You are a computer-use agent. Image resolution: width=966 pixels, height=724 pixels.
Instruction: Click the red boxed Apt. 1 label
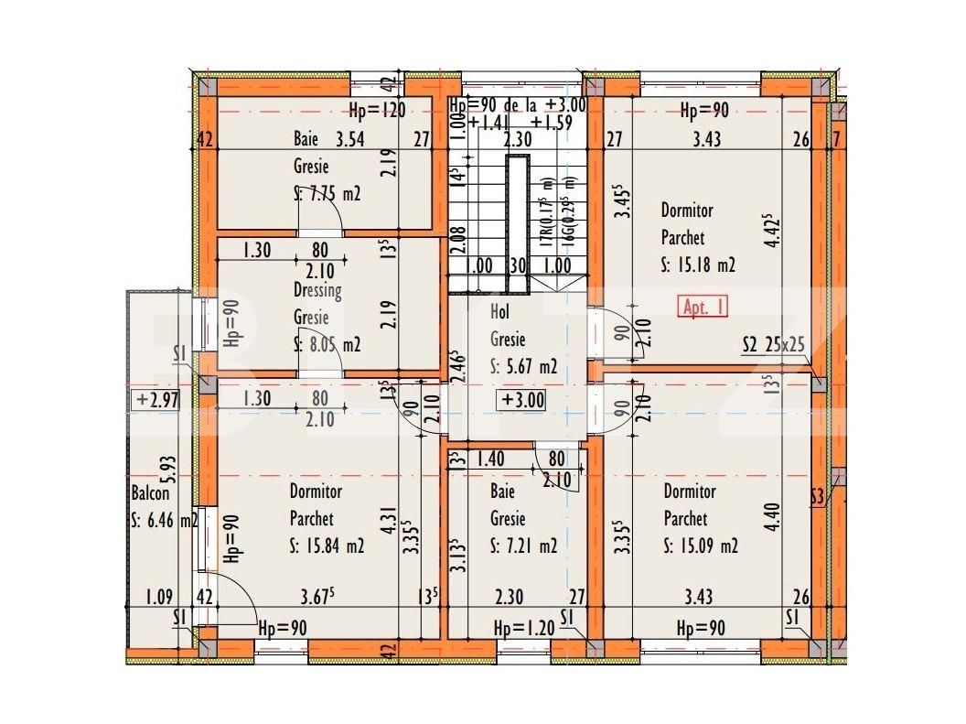pos(703,308)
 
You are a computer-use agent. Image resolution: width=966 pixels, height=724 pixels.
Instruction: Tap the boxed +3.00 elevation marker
pos(522,400)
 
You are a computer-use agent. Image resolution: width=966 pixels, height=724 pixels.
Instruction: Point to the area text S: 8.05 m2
pos(327,344)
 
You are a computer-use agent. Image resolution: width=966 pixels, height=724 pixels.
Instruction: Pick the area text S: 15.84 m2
pos(327,546)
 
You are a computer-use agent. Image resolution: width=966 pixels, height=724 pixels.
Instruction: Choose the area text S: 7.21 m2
pos(523,546)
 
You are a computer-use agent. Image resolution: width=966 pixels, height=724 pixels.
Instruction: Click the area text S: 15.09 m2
pos(701,546)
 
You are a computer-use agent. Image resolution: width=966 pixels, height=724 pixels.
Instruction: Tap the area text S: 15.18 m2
pos(698,265)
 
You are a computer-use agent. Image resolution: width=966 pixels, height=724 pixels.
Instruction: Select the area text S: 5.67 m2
pos(524,367)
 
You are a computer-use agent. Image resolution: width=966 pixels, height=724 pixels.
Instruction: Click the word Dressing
pos(317,291)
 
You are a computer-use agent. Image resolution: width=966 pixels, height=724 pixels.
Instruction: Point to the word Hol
pos(499,313)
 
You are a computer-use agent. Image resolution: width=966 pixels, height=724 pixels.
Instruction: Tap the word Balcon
pos(150,493)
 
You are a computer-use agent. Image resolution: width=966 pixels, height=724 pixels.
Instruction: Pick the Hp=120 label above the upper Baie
pos(377,112)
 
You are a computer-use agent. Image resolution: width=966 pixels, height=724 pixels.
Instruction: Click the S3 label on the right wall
pos(818,497)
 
